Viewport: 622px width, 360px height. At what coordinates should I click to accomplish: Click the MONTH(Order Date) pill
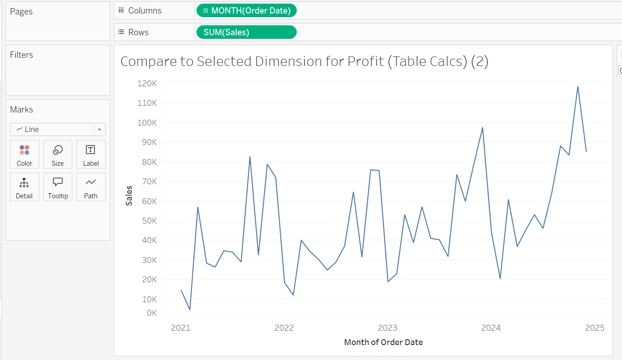(x=247, y=10)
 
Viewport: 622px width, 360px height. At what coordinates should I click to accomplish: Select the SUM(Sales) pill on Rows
(x=247, y=32)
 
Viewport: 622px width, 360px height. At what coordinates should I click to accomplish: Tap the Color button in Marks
(x=24, y=154)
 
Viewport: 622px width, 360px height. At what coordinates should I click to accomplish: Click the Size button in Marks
(x=57, y=154)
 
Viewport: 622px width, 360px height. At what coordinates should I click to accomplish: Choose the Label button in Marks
(x=91, y=154)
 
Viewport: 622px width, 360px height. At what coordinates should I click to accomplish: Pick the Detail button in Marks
(x=24, y=187)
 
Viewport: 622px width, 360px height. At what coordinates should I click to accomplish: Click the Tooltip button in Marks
(x=57, y=187)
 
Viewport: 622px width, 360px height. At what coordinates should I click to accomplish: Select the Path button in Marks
(x=91, y=187)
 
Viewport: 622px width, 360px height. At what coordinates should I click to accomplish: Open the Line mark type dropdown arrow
(x=99, y=130)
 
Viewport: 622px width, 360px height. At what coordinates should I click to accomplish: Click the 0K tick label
(x=151, y=313)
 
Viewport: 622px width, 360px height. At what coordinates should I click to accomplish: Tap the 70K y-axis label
(x=148, y=182)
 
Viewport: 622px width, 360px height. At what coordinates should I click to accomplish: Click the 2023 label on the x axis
(x=388, y=328)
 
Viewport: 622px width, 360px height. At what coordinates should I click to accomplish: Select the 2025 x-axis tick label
(x=594, y=328)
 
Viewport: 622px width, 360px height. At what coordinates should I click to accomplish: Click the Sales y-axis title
(x=129, y=196)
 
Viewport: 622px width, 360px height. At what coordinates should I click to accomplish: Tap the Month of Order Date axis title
(x=383, y=342)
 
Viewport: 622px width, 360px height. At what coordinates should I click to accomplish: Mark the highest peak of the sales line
(x=578, y=87)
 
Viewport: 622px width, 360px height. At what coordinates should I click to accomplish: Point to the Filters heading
(x=22, y=55)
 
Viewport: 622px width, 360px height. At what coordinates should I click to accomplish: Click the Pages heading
(x=21, y=11)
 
